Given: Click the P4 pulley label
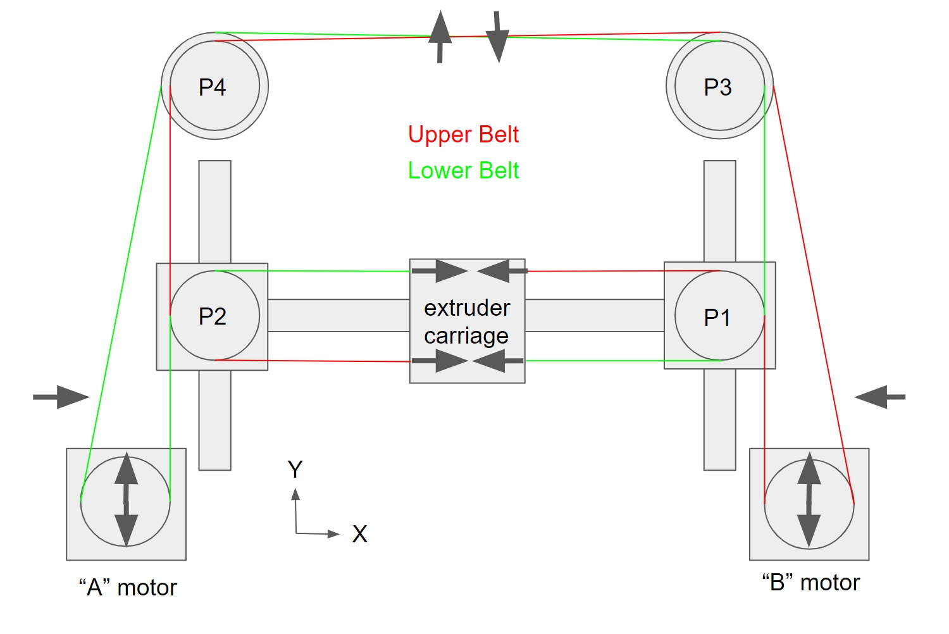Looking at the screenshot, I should (x=213, y=87).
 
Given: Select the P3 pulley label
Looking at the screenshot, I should (x=717, y=87).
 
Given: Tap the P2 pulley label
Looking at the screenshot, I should (x=213, y=316).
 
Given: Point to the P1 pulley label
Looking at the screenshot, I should (x=717, y=317).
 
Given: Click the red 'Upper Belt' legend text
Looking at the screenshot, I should (x=463, y=135).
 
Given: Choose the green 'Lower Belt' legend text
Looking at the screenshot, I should (x=463, y=171).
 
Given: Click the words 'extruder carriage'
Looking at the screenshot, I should (x=467, y=321).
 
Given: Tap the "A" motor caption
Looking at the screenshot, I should (x=128, y=588).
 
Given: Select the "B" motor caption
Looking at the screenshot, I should (x=811, y=583).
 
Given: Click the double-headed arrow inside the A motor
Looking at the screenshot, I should (x=127, y=499).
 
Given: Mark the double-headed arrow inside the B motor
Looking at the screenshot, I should (x=809, y=500).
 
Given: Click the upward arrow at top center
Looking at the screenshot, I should (x=440, y=37).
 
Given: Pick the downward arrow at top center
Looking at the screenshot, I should (x=498, y=37).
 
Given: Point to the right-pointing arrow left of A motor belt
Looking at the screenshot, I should (x=61, y=397).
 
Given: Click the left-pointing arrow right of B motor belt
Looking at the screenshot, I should (x=880, y=397).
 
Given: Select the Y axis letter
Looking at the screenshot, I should (x=295, y=469).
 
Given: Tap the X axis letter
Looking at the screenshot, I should (x=359, y=535).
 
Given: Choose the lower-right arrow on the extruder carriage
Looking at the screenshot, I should (x=498, y=361).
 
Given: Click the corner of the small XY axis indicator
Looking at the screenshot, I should (x=296, y=533).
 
